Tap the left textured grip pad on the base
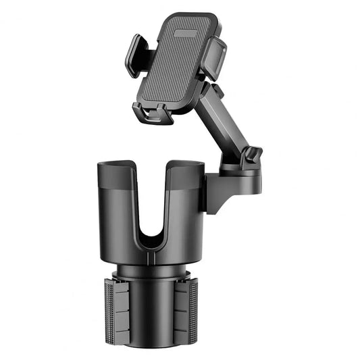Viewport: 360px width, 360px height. point(110,307)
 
